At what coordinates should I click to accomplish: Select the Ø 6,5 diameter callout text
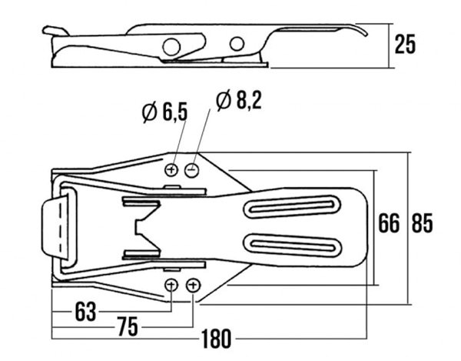pyautogui.click(x=164, y=112)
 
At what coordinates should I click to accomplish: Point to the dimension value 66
pyautogui.click(x=389, y=223)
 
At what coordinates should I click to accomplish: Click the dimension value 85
pyautogui.click(x=422, y=223)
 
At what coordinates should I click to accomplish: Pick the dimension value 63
pyautogui.click(x=86, y=312)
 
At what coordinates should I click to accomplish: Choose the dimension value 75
pyautogui.click(x=128, y=326)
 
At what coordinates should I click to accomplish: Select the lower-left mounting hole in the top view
pyautogui.click(x=171, y=286)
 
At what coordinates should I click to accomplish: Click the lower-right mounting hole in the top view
pyautogui.click(x=193, y=286)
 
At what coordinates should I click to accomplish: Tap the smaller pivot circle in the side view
pyautogui.click(x=237, y=43)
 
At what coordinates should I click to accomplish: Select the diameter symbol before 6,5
pyautogui.click(x=148, y=112)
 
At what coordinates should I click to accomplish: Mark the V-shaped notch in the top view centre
pyautogui.click(x=145, y=227)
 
